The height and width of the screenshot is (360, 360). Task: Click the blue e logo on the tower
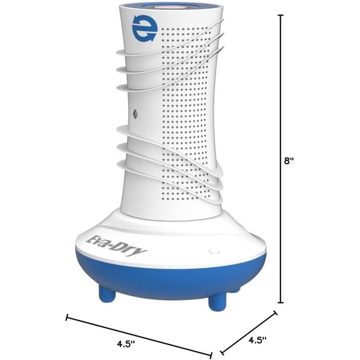click(144, 29)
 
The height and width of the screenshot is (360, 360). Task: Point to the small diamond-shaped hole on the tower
click(135, 113)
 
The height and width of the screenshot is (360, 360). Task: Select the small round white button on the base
click(214, 251)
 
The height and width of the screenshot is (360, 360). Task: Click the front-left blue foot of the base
click(107, 293)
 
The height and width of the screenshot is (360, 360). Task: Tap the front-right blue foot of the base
click(217, 302)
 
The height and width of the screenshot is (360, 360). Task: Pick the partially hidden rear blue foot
click(235, 289)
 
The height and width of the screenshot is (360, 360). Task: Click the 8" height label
click(289, 161)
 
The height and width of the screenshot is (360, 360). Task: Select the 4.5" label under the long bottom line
click(126, 344)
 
